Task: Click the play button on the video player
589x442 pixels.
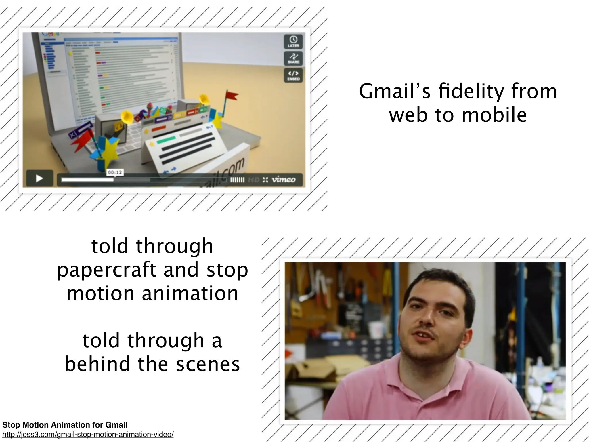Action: [x=40, y=178]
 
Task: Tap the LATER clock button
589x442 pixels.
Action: [x=293, y=41]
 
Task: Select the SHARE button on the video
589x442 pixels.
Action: [x=293, y=58]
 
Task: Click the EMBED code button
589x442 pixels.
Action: [x=293, y=75]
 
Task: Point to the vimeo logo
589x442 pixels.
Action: [x=284, y=180]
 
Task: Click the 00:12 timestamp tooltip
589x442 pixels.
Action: [x=115, y=172]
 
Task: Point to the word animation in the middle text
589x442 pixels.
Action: [x=190, y=294]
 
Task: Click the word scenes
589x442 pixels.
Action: [x=208, y=364]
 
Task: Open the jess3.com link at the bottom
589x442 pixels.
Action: [x=88, y=435]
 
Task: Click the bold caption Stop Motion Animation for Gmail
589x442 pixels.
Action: [x=65, y=425]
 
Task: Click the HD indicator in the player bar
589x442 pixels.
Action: [x=253, y=180]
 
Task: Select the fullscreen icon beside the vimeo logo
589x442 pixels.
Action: [x=265, y=180]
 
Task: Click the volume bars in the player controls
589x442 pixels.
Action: [x=237, y=180]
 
